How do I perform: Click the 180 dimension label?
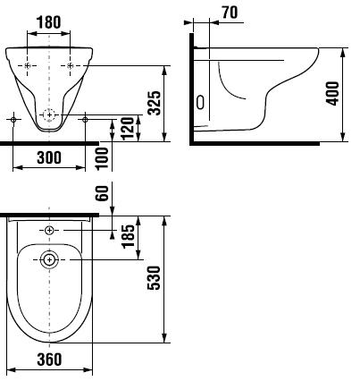[48, 22]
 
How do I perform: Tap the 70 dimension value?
[230, 13]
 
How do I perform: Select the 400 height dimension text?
[333, 93]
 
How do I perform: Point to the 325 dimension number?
[155, 103]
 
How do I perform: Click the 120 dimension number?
[128, 129]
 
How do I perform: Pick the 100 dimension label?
[103, 158]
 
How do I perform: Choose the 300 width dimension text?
[49, 157]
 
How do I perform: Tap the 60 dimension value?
[103, 193]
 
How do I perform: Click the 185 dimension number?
[128, 236]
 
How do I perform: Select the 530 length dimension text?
[154, 278]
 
